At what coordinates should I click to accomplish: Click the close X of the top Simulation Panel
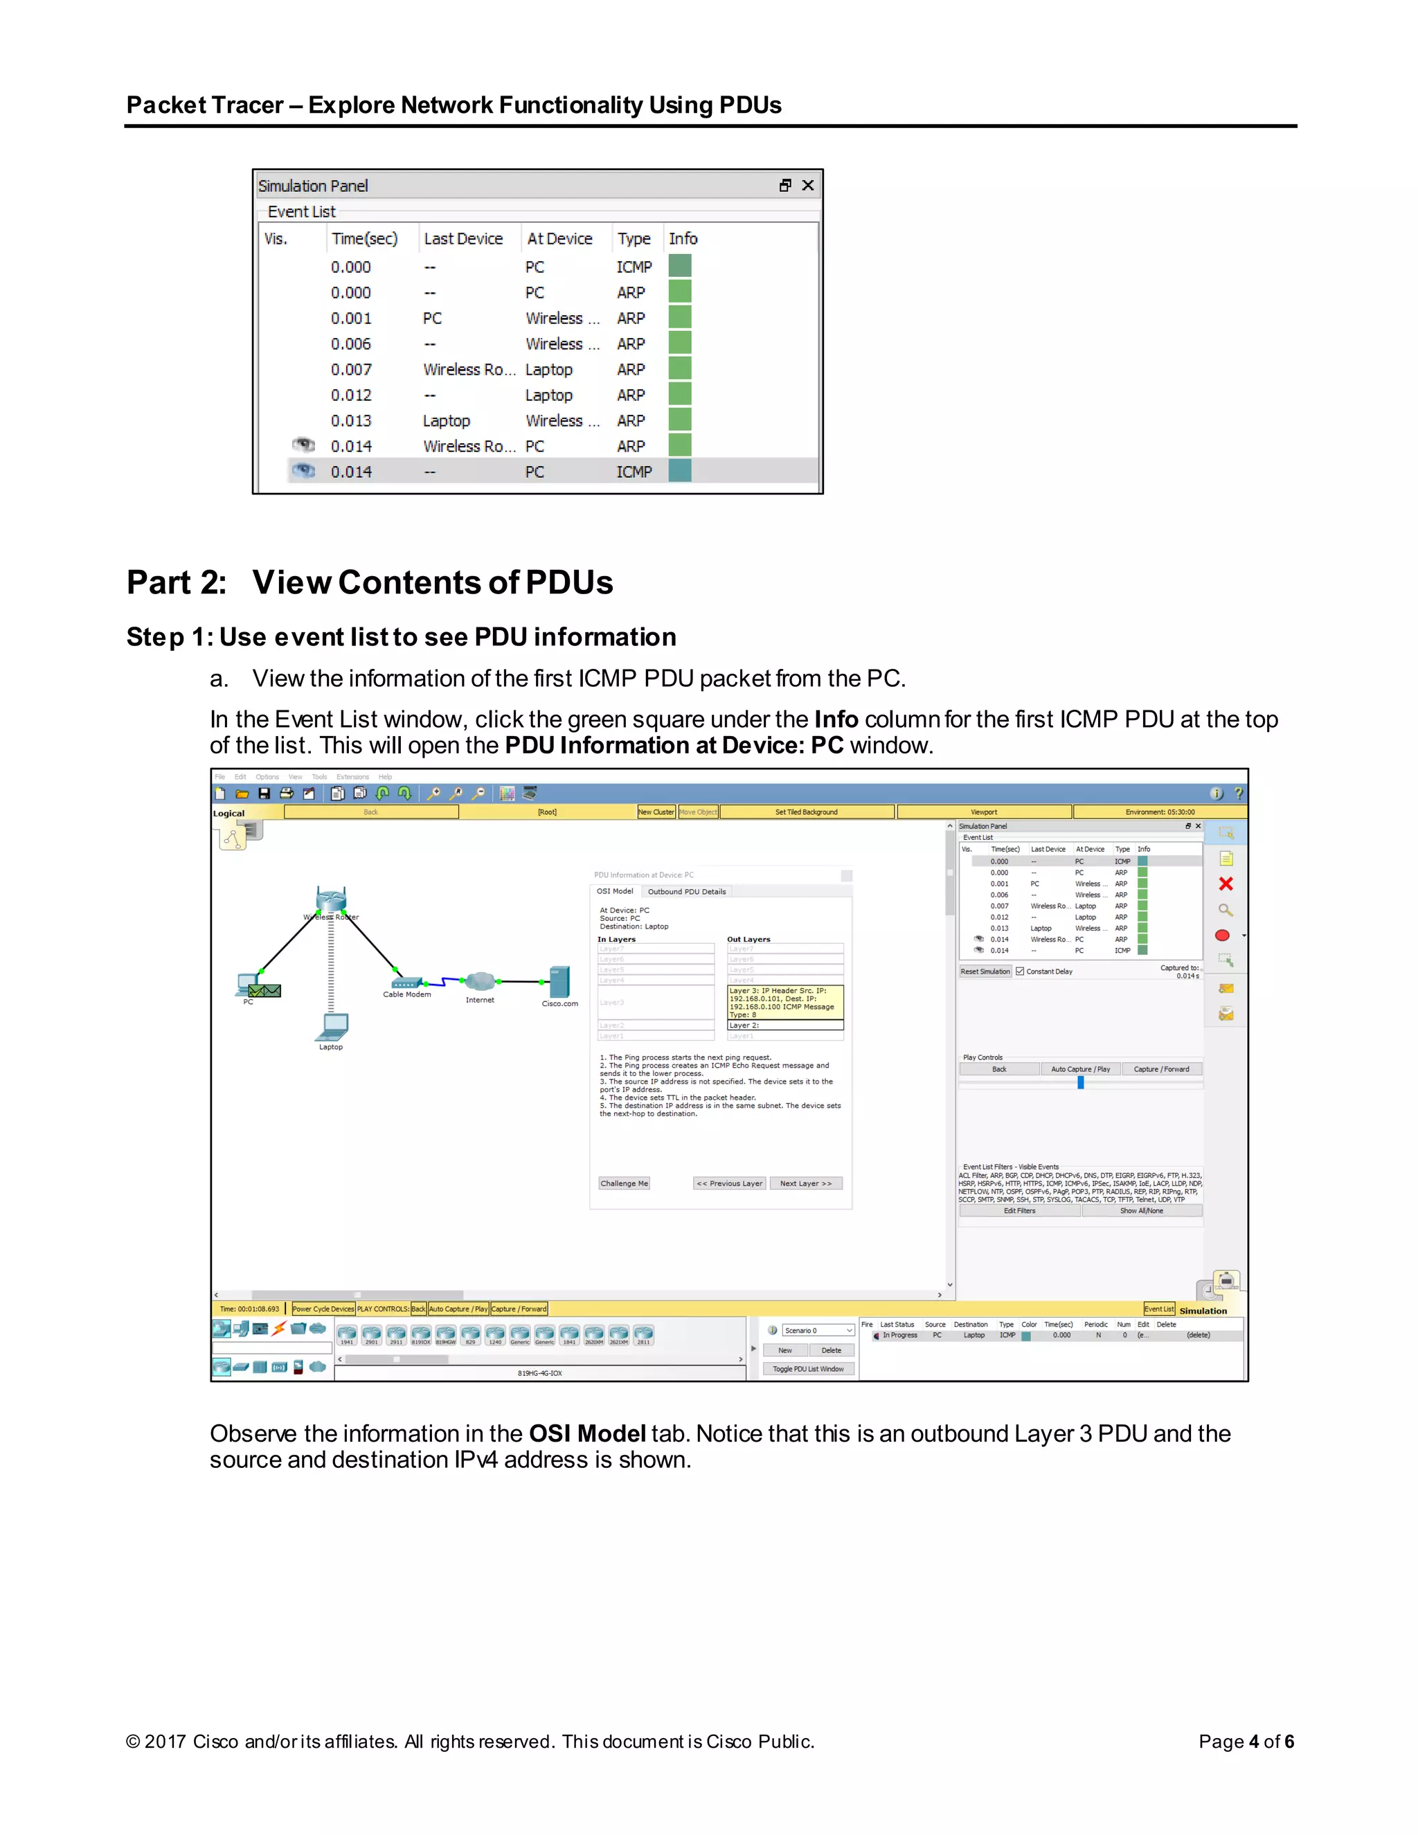coord(807,186)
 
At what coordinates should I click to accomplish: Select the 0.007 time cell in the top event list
coord(351,370)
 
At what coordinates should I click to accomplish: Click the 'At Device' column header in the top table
coord(559,239)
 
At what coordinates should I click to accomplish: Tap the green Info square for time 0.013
coord(680,420)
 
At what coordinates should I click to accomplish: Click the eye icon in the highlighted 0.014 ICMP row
coord(303,472)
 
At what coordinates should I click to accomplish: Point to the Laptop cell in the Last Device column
coord(446,421)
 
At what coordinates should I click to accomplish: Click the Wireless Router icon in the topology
coord(331,899)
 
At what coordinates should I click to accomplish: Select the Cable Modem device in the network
coord(406,982)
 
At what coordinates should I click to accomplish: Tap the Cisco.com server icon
coord(559,981)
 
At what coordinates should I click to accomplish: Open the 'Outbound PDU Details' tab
coord(686,891)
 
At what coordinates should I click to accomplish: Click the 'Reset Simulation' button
coord(985,972)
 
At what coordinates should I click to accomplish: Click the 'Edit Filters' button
coord(1019,1210)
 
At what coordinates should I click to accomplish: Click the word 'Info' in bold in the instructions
coord(836,719)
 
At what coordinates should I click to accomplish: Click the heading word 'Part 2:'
coord(177,582)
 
